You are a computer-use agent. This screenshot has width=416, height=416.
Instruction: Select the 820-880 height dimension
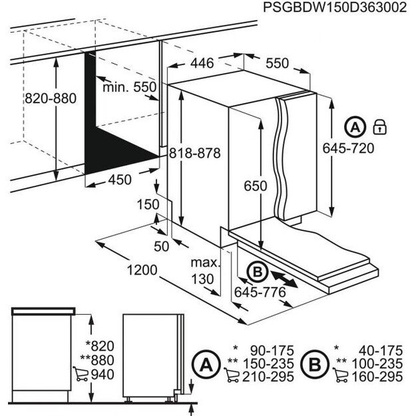51,99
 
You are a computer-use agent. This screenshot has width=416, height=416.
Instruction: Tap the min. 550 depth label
129,87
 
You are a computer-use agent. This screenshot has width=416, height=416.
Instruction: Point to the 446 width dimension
201,63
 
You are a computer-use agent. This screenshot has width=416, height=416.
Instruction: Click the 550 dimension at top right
277,63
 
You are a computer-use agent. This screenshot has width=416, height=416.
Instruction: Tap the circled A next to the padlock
355,126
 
